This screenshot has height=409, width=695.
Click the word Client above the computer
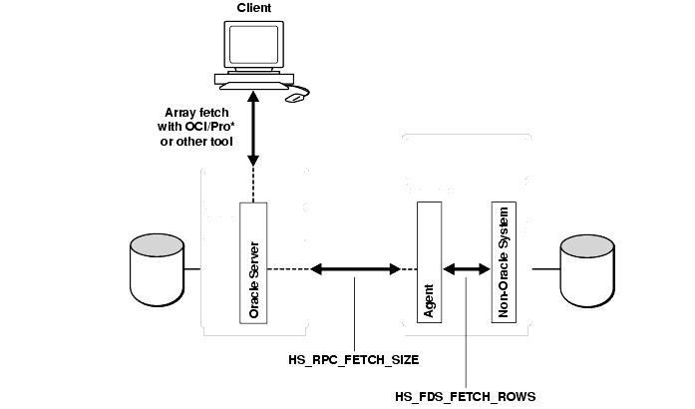coord(253,9)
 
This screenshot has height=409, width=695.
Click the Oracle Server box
coord(253,261)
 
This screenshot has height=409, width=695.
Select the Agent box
coord(430,261)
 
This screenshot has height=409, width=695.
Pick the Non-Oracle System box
coord(504,261)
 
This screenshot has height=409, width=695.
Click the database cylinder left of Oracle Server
coord(159,268)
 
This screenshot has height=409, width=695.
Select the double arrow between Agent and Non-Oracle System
coord(464,268)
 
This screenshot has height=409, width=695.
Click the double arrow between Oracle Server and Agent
coord(357,268)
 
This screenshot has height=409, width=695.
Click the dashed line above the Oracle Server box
coord(253,185)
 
